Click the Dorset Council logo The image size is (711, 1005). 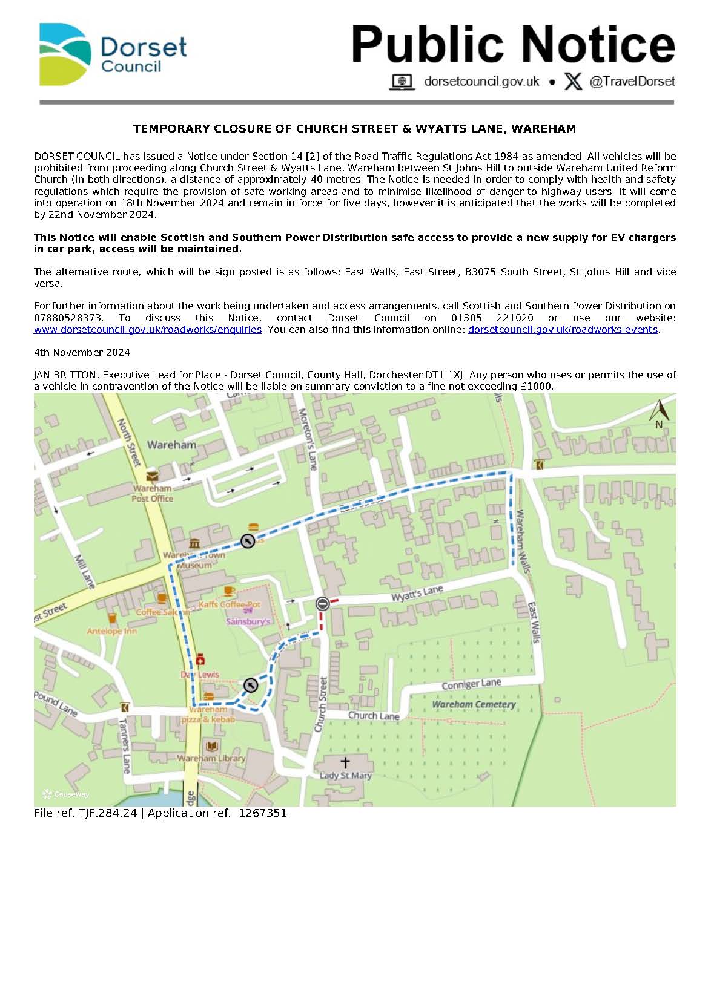click(113, 54)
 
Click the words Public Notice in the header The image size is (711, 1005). click(513, 44)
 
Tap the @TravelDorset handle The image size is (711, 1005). click(632, 81)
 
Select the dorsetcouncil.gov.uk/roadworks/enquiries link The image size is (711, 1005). click(148, 329)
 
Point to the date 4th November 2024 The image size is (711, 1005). click(82, 352)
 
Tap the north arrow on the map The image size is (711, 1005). click(659, 413)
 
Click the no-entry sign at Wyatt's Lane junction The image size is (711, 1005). click(323, 603)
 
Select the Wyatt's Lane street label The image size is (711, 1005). click(417, 593)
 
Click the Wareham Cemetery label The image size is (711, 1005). click(474, 704)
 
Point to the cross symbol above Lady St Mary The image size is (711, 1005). click(345, 762)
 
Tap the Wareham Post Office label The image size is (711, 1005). click(153, 493)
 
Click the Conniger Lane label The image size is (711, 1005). click(471, 684)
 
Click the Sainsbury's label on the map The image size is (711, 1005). click(248, 621)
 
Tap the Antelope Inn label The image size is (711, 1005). click(112, 631)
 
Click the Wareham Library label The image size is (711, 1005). click(211, 758)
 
